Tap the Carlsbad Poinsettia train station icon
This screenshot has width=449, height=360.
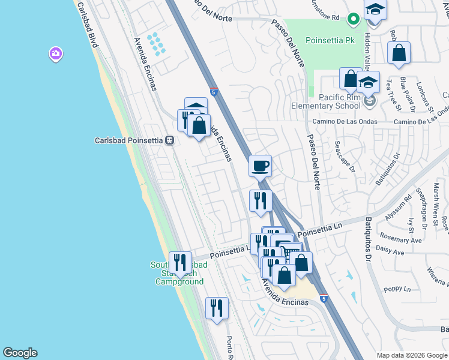pyautogui.click(x=170, y=140)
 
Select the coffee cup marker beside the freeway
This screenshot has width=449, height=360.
pyautogui.click(x=260, y=166)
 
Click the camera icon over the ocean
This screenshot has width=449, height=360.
pyautogui.click(x=56, y=55)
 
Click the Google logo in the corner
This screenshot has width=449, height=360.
pyautogui.click(x=20, y=353)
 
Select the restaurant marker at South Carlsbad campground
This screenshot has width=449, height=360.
pyautogui.click(x=180, y=262)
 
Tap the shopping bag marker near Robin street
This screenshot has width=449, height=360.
pyautogui.click(x=399, y=54)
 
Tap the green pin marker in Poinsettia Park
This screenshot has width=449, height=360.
pyautogui.click(x=354, y=19)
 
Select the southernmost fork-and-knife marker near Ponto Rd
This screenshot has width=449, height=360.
pyautogui.click(x=217, y=308)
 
